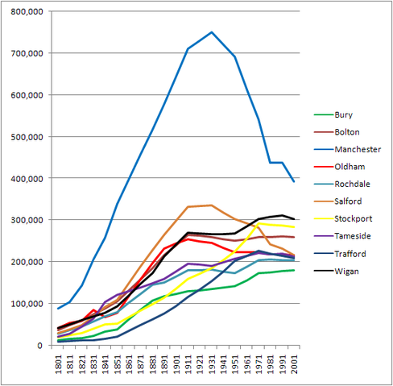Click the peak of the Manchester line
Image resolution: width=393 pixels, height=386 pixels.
[x=212, y=32]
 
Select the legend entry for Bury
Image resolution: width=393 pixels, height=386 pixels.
[x=345, y=115]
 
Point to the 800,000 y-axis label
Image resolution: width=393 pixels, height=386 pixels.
[x=27, y=11]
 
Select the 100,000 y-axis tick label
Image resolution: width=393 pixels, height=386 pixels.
[x=27, y=304]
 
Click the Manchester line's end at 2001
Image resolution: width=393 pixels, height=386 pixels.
[x=294, y=182]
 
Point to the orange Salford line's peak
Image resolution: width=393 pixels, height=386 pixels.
[x=212, y=205]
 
